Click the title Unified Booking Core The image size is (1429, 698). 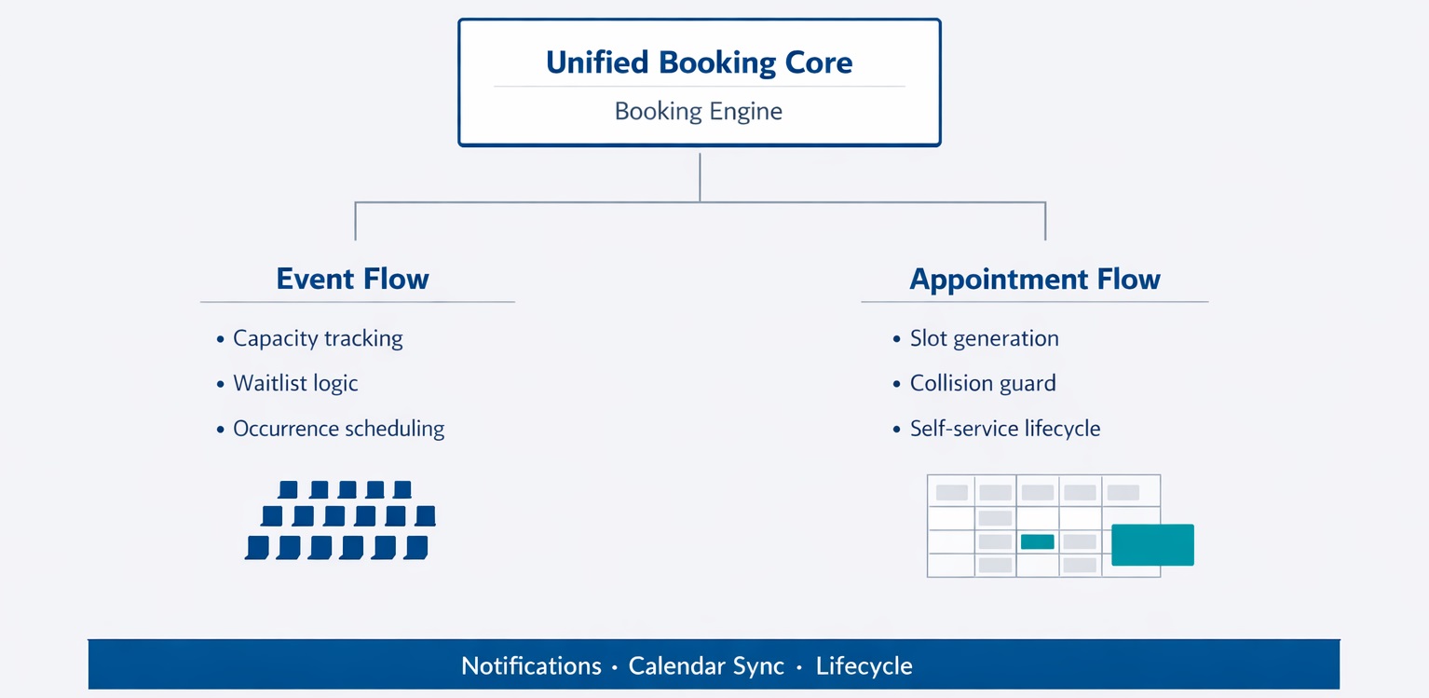tap(699, 62)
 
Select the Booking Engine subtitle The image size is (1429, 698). tap(699, 112)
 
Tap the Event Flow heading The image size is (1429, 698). tap(352, 279)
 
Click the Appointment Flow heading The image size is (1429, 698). tap(1034, 279)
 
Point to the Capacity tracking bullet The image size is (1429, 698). tap(318, 338)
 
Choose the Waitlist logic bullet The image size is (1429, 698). tap(295, 383)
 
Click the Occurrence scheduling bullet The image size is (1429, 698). tap(338, 429)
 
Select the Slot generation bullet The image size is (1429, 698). tap(984, 338)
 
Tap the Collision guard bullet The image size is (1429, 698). tap(983, 383)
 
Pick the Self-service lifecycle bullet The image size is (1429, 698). tap(1005, 429)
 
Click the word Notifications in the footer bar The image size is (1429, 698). tap(531, 666)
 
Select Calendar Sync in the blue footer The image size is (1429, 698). tap(706, 666)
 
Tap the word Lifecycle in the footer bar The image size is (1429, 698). tap(864, 666)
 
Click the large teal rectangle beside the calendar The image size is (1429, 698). tap(1152, 545)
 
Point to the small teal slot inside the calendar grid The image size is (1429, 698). tap(1037, 541)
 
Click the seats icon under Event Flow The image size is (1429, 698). tap(340, 520)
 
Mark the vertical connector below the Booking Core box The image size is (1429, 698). tap(700, 177)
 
